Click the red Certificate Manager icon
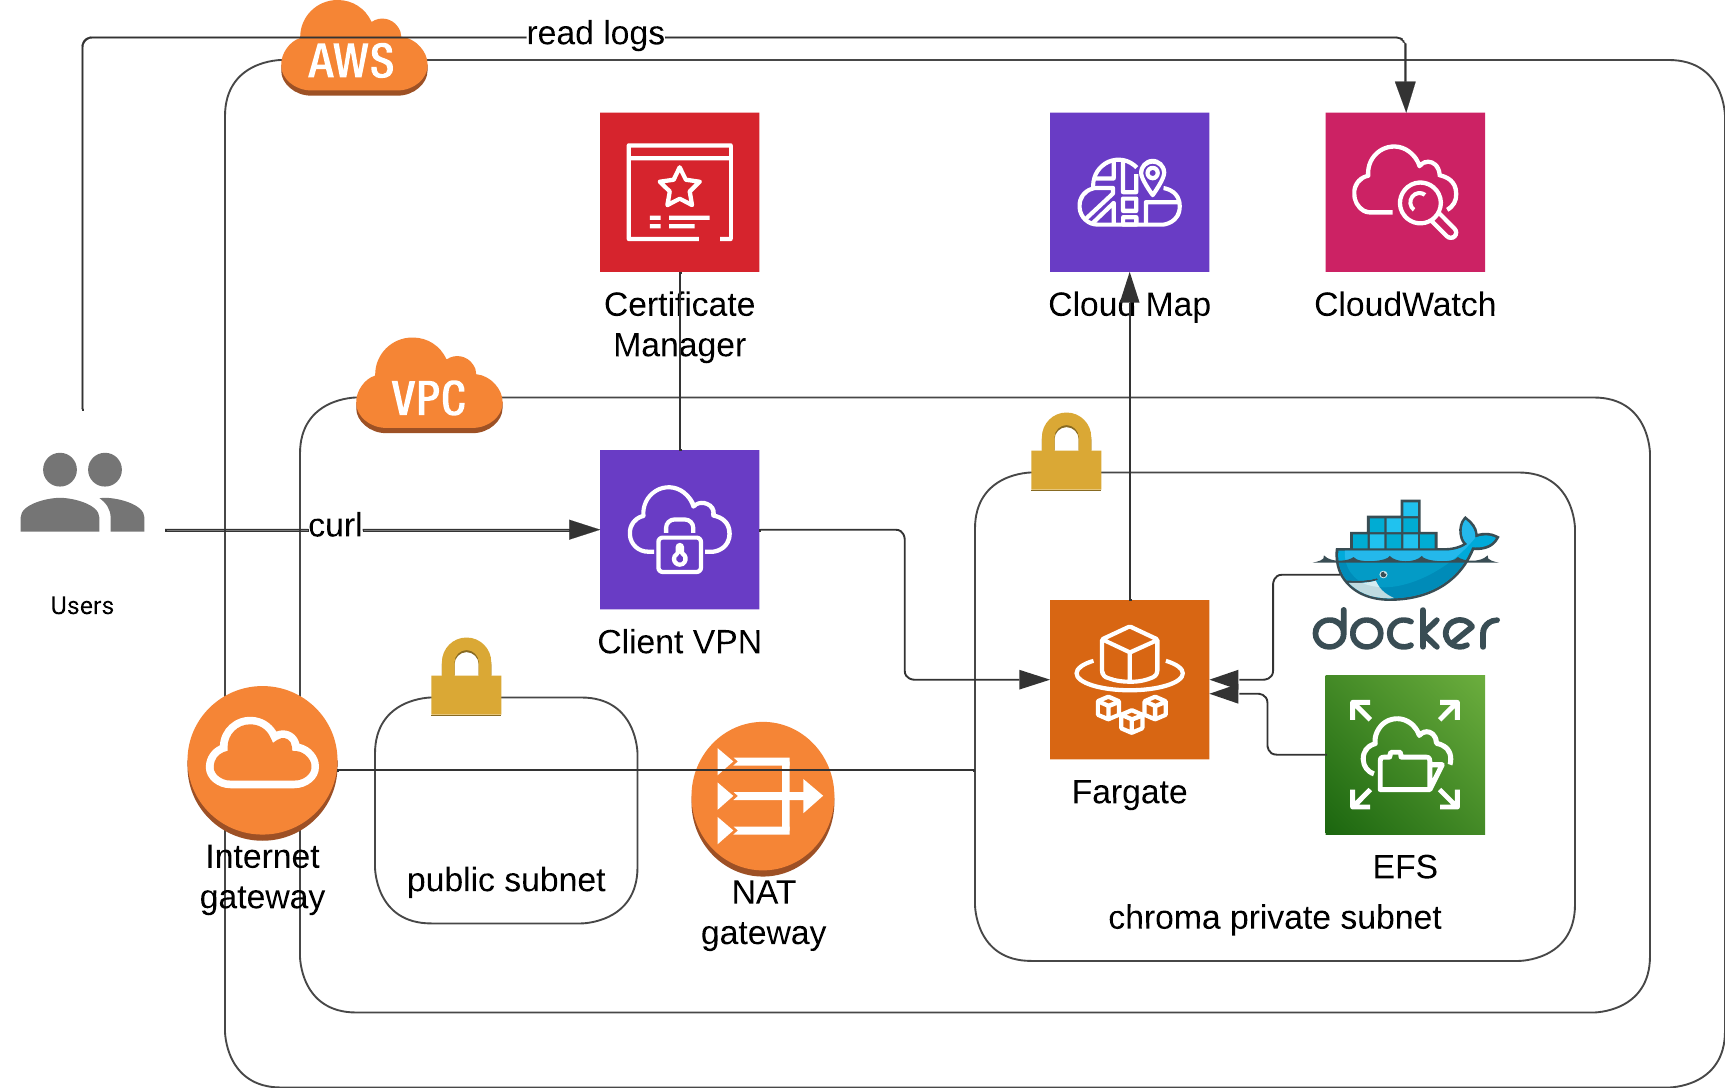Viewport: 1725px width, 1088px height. point(679,192)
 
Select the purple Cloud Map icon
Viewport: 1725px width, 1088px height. point(1129,192)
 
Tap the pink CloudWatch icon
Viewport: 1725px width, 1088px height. point(1404,192)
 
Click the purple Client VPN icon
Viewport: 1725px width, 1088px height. point(679,529)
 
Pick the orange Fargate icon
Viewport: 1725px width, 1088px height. point(1129,679)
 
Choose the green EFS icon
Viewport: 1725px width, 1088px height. point(1404,754)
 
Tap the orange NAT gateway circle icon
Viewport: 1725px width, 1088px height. point(762,797)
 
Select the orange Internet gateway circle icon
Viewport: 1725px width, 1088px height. point(262,761)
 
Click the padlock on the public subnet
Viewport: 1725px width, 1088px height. point(466,678)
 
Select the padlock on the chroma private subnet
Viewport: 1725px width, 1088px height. point(1066,453)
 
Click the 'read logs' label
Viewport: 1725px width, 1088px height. point(595,34)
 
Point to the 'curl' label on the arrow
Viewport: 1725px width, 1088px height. point(335,526)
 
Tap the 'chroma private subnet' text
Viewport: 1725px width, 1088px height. point(1274,917)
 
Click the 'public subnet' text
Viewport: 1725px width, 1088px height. point(506,880)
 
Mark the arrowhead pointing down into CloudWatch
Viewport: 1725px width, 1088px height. point(1405,97)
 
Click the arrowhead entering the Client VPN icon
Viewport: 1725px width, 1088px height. point(584,530)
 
